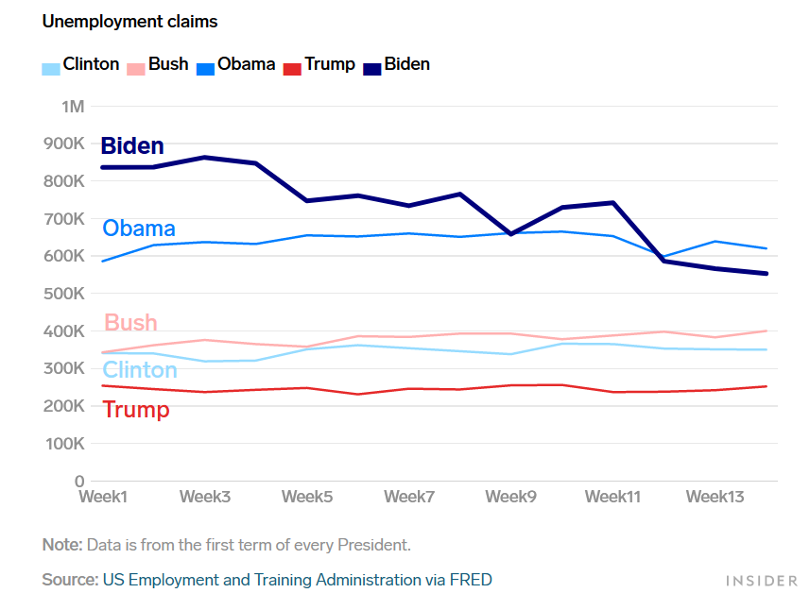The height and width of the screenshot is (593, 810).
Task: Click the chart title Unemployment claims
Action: pyautogui.click(x=129, y=21)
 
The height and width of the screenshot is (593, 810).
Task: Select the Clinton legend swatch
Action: pyautogui.click(x=51, y=68)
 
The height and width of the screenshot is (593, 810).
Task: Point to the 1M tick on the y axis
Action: pyautogui.click(x=73, y=106)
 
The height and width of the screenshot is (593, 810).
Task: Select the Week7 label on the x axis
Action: pyautogui.click(x=409, y=497)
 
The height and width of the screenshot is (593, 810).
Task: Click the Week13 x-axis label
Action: pyautogui.click(x=714, y=497)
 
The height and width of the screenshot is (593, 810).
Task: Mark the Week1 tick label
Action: pyautogui.click(x=103, y=497)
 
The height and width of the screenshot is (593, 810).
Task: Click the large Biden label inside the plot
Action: pyautogui.click(x=132, y=146)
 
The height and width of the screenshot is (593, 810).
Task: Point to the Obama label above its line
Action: pyautogui.click(x=139, y=229)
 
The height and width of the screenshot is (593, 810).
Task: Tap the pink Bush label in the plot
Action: pyautogui.click(x=130, y=323)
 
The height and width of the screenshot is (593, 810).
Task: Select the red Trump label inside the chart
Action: pyautogui.click(x=136, y=410)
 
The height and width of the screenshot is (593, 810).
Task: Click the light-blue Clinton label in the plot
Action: pyautogui.click(x=140, y=369)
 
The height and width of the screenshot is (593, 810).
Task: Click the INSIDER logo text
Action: pyautogui.click(x=761, y=580)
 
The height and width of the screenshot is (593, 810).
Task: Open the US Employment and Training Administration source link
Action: pyautogui.click(x=297, y=580)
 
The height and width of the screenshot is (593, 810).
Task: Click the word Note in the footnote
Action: pyautogui.click(x=61, y=545)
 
